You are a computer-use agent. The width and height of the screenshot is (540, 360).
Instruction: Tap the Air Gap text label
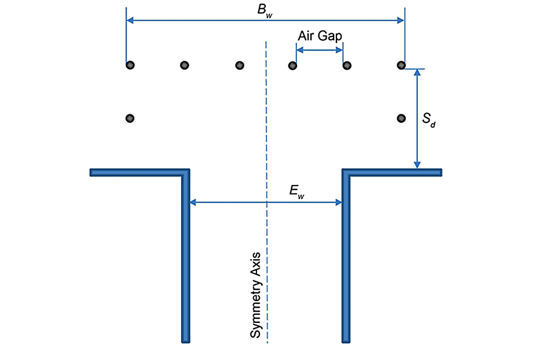pos(319,35)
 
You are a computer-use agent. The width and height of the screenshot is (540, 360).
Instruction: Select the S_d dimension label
pos(429,119)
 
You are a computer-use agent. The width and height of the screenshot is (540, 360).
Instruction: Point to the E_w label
pos(297,191)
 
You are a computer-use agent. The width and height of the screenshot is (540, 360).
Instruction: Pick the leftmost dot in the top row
pos(130,65)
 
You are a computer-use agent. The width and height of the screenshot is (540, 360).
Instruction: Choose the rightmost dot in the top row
pos(401,65)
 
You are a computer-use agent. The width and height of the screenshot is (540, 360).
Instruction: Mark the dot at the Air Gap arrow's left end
pos(292,65)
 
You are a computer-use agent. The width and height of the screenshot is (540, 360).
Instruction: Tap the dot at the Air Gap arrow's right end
pos(347,65)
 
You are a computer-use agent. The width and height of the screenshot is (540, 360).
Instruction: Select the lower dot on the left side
pos(130,118)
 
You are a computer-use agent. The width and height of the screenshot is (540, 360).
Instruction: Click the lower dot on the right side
pos(401,118)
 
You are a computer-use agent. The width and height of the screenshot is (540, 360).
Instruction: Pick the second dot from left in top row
pos(184,65)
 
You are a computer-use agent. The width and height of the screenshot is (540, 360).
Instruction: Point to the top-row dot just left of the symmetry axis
pos(240,65)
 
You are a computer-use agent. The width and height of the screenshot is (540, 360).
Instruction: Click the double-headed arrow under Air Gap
pos(319,50)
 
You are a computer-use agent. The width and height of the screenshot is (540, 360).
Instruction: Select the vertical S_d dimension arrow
pos(417,119)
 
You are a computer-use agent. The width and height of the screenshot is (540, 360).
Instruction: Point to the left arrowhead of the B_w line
pos(130,20)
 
